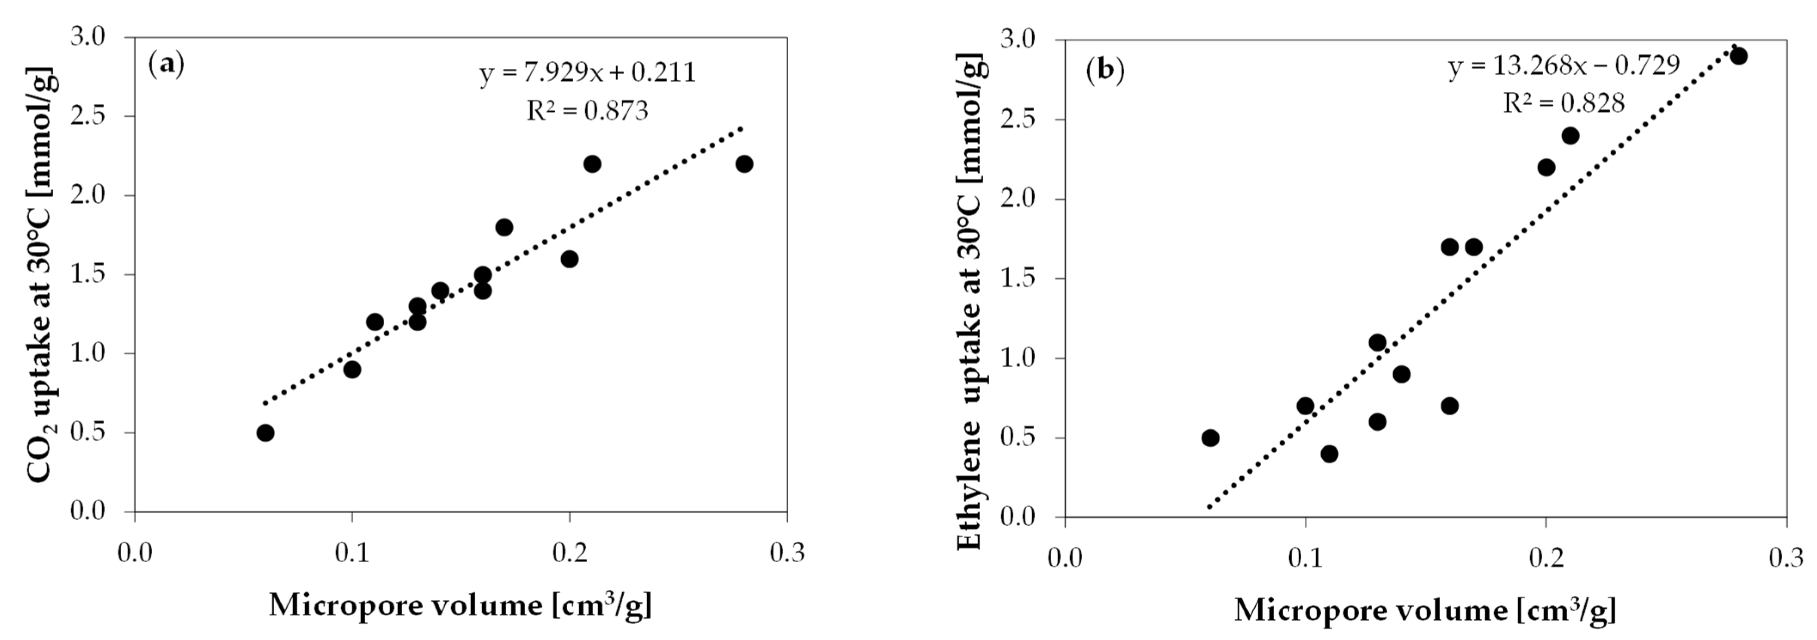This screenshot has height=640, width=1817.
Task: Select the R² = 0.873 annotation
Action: pyautogui.click(x=587, y=111)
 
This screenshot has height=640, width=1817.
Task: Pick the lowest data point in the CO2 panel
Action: pyautogui.click(x=265, y=433)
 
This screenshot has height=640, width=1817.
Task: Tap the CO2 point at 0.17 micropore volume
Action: pyautogui.click(x=505, y=227)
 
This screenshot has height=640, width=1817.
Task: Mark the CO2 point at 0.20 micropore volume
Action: pyautogui.click(x=569, y=259)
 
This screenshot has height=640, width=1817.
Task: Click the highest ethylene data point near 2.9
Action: pyautogui.click(x=1739, y=56)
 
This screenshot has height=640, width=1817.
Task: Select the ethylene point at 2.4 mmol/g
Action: pyautogui.click(x=1570, y=135)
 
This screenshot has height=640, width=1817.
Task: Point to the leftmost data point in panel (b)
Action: pyautogui.click(x=1210, y=438)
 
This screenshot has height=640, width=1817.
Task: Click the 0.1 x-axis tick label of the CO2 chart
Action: pyautogui.click(x=351, y=553)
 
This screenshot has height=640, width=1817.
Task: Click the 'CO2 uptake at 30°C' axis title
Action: pyautogui.click(x=41, y=275)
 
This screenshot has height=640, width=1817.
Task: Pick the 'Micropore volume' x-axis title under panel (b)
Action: pyautogui.click(x=1424, y=610)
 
